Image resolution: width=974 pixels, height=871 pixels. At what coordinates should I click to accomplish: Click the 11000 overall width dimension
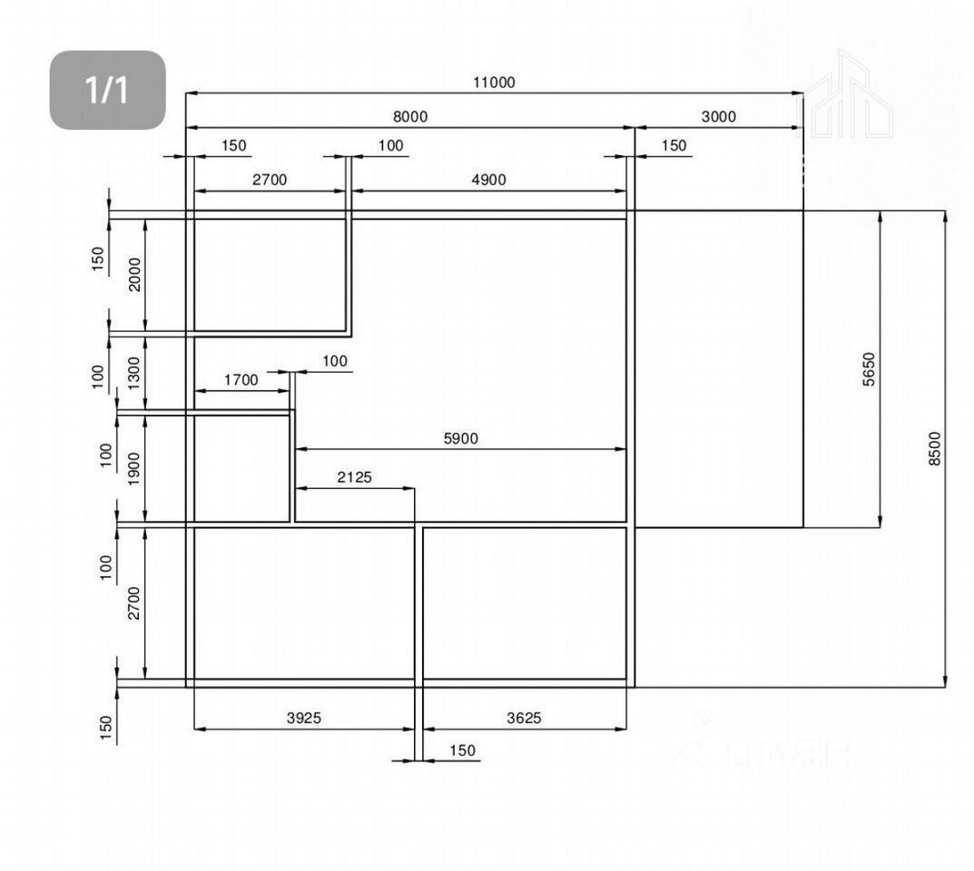[493, 83]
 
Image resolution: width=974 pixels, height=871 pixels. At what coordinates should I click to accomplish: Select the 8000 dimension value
[409, 117]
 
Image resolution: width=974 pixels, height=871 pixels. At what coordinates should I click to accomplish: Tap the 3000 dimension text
[719, 117]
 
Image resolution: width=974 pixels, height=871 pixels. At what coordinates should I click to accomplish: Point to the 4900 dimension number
[488, 180]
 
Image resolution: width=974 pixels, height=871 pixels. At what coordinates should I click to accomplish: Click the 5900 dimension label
[460, 439]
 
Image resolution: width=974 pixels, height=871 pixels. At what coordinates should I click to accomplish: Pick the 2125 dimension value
[354, 477]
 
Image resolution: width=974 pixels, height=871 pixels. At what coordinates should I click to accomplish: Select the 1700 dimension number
[241, 380]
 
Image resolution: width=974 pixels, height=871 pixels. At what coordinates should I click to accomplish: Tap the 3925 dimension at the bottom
[304, 718]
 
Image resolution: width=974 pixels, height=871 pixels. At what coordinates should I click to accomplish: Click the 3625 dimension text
[524, 718]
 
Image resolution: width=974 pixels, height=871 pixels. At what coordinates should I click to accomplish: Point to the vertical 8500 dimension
[935, 448]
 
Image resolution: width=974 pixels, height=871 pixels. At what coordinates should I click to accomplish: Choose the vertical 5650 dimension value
[869, 369]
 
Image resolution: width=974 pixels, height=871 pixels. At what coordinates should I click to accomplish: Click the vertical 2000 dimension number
[134, 274]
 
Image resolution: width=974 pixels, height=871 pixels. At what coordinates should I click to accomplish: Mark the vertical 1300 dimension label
[134, 372]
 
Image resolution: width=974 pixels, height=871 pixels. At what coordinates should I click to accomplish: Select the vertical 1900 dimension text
[134, 468]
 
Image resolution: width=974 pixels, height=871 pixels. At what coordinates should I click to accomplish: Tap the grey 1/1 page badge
[107, 90]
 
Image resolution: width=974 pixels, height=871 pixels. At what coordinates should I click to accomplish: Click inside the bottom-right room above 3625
[525, 602]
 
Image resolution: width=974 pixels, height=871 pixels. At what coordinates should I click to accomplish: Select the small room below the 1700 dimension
[241, 468]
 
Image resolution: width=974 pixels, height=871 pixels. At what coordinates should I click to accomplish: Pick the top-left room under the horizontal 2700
[269, 275]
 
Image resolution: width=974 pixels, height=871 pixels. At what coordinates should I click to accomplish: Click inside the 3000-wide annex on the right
[718, 368]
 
